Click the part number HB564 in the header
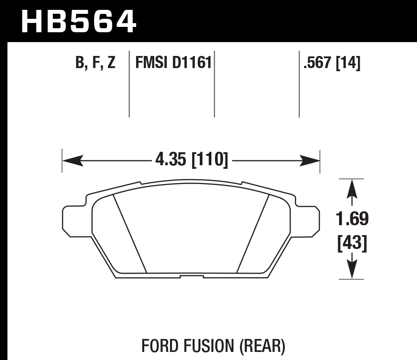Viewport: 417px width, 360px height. click(78, 21)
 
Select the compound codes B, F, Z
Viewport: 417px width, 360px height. click(95, 63)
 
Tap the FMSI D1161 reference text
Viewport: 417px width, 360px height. click(173, 63)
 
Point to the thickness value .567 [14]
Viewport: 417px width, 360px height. click(332, 63)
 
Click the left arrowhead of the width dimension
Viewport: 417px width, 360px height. click(72, 160)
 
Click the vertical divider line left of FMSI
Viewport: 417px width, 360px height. click(129, 85)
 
